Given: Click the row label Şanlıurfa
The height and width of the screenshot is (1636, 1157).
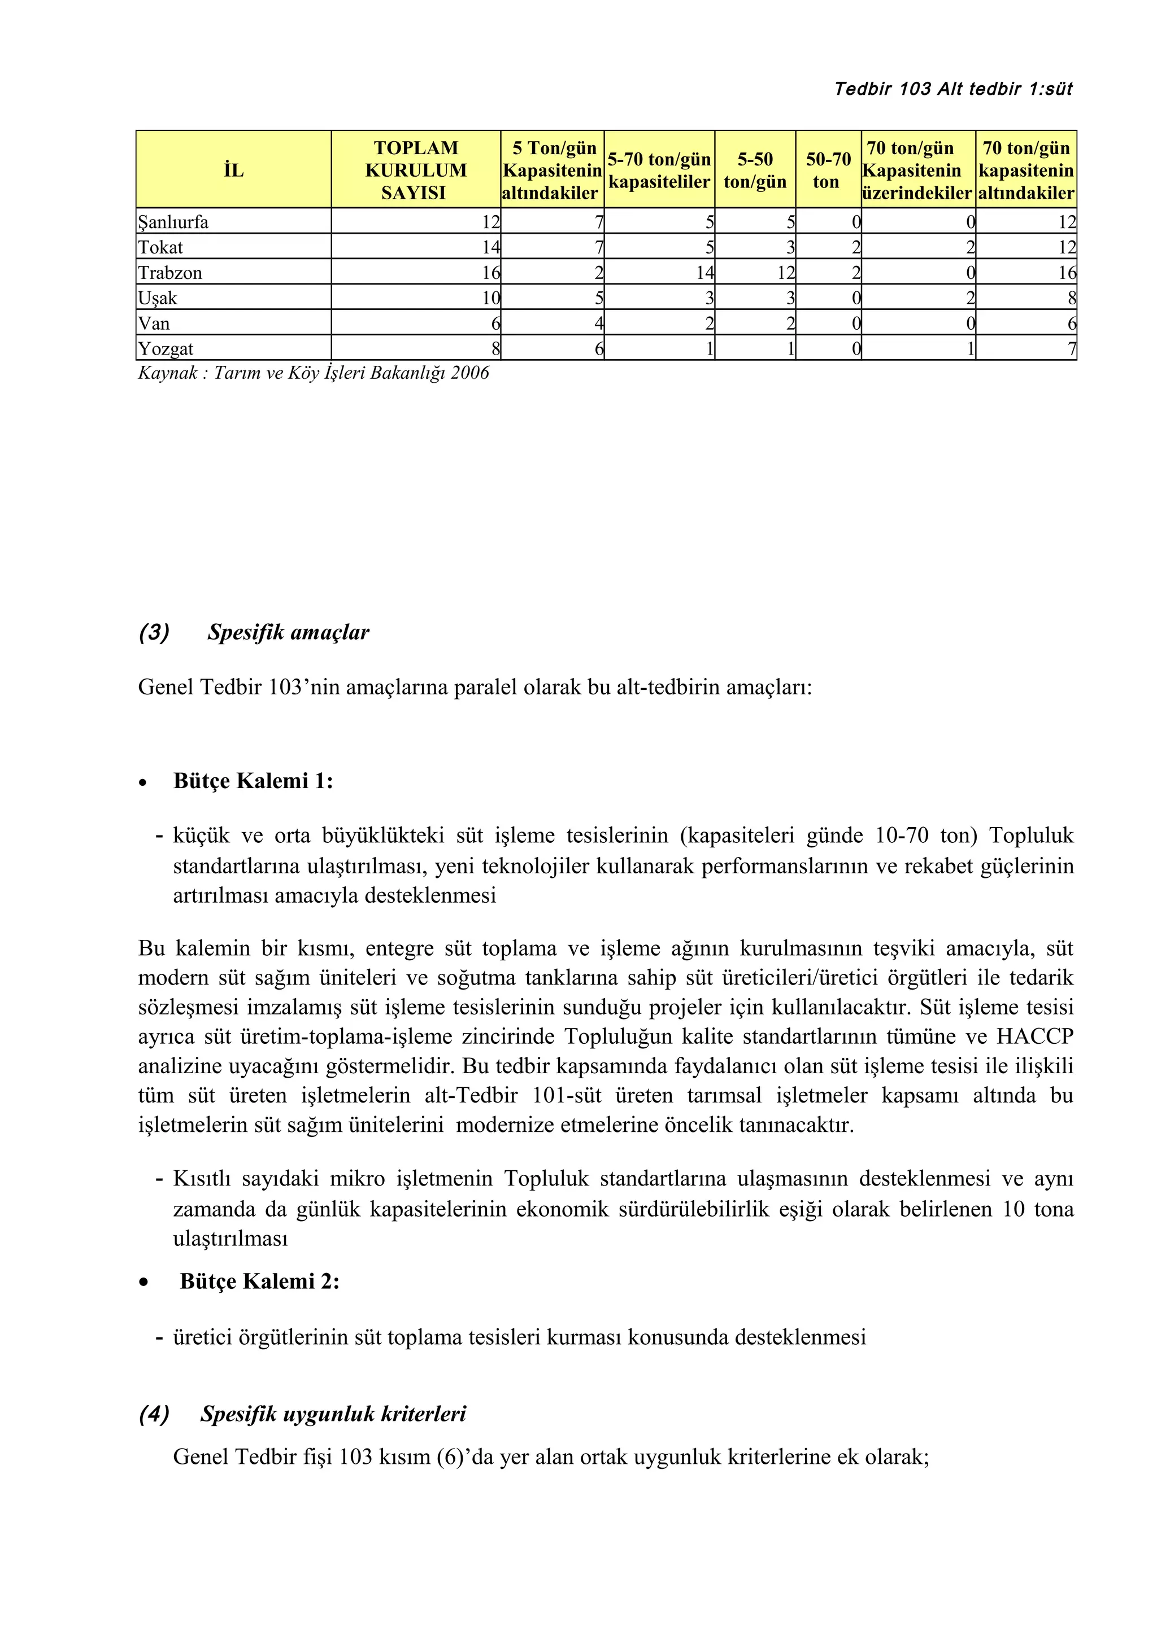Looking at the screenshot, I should pyautogui.click(x=173, y=222).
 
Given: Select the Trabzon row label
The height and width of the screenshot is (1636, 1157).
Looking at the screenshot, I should pyautogui.click(x=171, y=273).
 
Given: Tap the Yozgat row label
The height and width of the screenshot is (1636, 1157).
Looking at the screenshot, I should pyautogui.click(x=166, y=349).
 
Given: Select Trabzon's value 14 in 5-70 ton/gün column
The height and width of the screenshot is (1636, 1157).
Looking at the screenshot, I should pyautogui.click(x=705, y=273).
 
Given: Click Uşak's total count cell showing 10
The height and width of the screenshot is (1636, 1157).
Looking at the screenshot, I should pyautogui.click(x=490, y=299).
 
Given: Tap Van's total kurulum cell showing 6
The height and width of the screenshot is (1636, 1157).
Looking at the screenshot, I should pyautogui.click(x=495, y=323).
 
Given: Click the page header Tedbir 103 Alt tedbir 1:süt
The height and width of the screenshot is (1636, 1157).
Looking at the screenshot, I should pyautogui.click(x=953, y=89).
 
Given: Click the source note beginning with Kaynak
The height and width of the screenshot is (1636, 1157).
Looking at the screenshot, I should pyautogui.click(x=314, y=373).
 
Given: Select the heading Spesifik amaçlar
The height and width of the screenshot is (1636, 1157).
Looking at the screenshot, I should pyautogui.click(x=288, y=633).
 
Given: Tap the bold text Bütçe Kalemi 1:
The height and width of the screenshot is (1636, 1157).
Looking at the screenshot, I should pyautogui.click(x=253, y=781).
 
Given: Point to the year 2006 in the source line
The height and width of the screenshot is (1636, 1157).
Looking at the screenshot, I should pyautogui.click(x=470, y=373).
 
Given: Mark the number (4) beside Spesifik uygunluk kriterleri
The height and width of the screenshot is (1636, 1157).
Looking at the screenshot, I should pyautogui.click(x=154, y=1414).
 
